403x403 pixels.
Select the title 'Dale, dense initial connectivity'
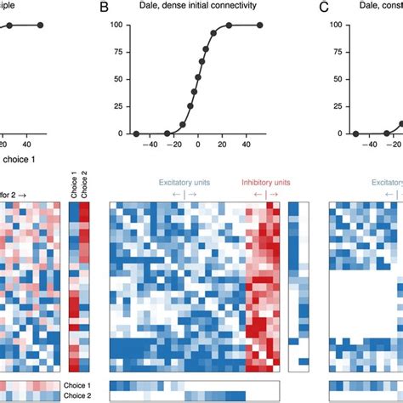click(198, 8)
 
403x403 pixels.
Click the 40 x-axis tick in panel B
click(245, 145)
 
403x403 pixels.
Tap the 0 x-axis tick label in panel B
click(198, 145)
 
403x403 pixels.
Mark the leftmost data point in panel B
click(136, 133)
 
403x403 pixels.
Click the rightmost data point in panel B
click(259, 26)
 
